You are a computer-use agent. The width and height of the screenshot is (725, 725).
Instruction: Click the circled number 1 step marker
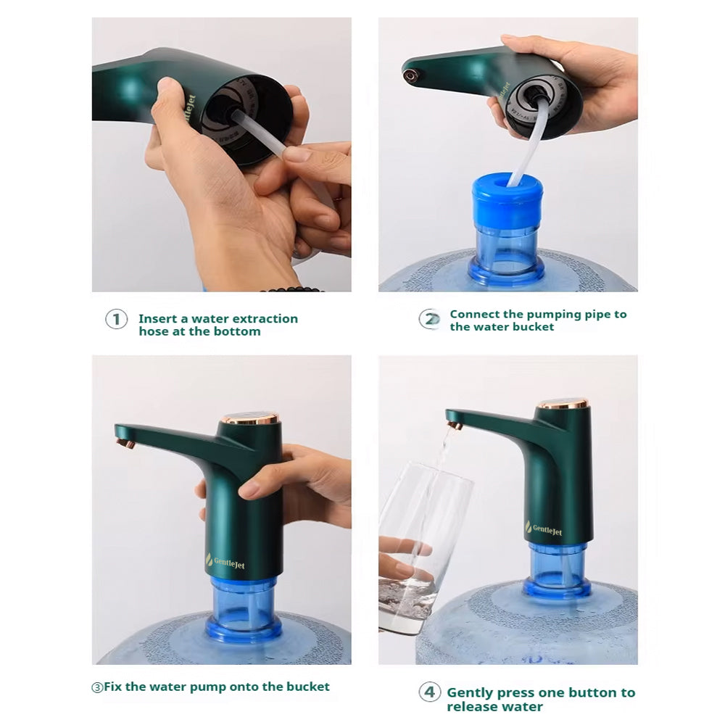click(116, 319)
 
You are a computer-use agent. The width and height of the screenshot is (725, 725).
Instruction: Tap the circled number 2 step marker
click(430, 320)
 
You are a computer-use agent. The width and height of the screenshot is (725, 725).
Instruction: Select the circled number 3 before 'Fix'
click(97, 687)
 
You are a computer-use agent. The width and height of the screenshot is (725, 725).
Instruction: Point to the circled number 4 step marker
click(430, 692)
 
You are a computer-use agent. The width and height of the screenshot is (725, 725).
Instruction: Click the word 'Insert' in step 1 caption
click(157, 319)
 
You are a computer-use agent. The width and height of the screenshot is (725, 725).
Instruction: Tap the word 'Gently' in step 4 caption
click(470, 693)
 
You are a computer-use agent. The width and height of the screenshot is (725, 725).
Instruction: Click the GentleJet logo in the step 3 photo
click(226, 560)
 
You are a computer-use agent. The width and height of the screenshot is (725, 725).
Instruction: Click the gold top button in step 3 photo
click(251, 419)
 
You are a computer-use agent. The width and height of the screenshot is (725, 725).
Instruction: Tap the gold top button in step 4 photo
click(563, 403)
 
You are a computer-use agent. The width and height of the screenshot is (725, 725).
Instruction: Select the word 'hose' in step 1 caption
click(154, 331)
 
